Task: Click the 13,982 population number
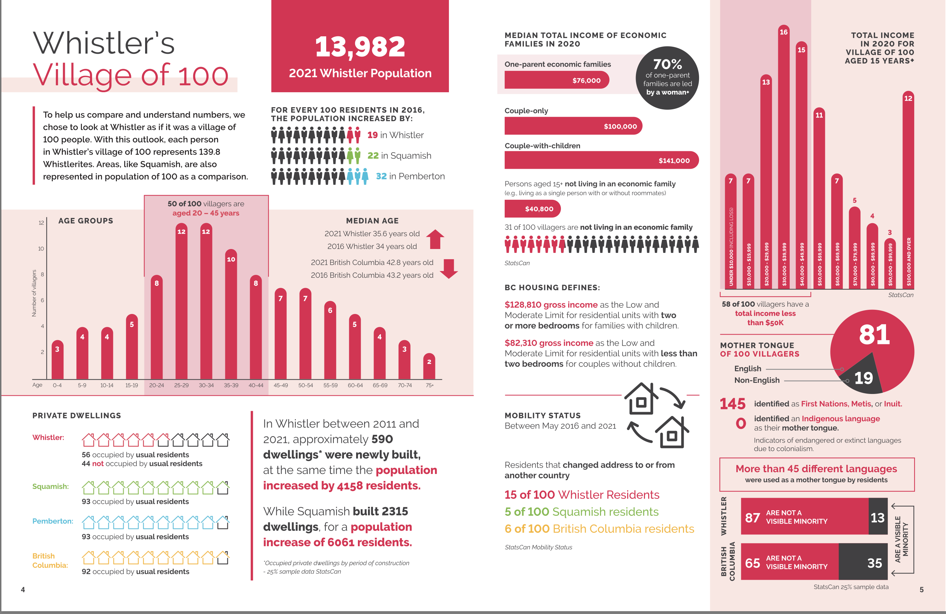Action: (x=360, y=47)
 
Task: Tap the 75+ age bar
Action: (x=429, y=366)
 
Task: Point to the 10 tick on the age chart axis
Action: (x=41, y=249)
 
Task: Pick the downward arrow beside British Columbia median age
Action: (x=449, y=269)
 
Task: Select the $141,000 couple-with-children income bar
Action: (x=601, y=160)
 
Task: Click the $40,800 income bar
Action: (x=532, y=209)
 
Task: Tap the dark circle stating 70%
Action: (x=667, y=78)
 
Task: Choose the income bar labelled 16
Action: (x=783, y=159)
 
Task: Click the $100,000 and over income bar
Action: (x=908, y=191)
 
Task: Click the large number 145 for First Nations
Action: (x=732, y=404)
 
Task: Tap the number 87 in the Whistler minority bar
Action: (x=752, y=517)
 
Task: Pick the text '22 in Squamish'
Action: (x=399, y=155)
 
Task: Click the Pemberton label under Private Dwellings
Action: (x=52, y=521)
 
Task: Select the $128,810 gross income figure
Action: (x=550, y=305)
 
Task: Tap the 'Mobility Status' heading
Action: (x=542, y=415)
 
